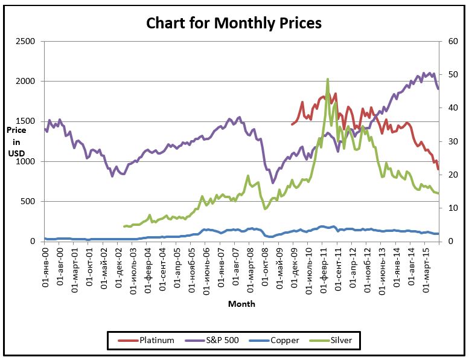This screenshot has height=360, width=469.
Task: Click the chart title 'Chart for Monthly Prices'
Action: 234,24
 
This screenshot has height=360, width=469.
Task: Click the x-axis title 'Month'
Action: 241,304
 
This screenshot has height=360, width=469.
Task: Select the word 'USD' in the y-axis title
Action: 16,153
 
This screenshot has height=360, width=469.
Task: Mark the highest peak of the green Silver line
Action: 328,79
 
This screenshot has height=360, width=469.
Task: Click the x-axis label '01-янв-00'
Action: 46,265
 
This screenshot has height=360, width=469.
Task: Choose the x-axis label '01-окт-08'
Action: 266,265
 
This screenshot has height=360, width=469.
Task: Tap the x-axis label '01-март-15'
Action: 427,266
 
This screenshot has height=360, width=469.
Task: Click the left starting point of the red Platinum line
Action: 292,124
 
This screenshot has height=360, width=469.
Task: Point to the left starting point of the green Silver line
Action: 124,227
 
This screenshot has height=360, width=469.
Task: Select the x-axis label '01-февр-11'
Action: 325,266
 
